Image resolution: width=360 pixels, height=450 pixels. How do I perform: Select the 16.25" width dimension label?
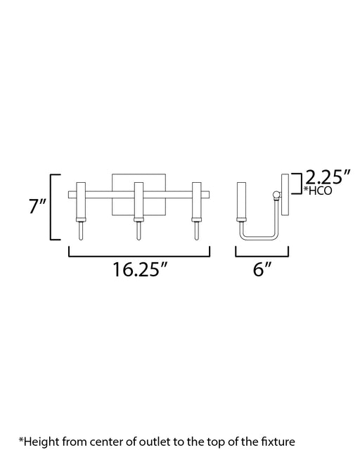[140, 270]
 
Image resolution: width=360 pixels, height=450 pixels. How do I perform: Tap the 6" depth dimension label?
[262, 269]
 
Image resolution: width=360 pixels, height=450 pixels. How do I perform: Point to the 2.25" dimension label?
[328, 177]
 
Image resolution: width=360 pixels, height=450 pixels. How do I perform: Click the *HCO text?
[318, 191]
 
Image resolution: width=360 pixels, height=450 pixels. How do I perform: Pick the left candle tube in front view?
[81, 200]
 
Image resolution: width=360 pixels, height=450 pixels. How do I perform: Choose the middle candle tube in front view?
[139, 200]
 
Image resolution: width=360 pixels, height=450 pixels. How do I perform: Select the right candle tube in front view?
[197, 200]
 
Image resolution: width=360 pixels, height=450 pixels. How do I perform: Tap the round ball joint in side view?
[276, 195]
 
